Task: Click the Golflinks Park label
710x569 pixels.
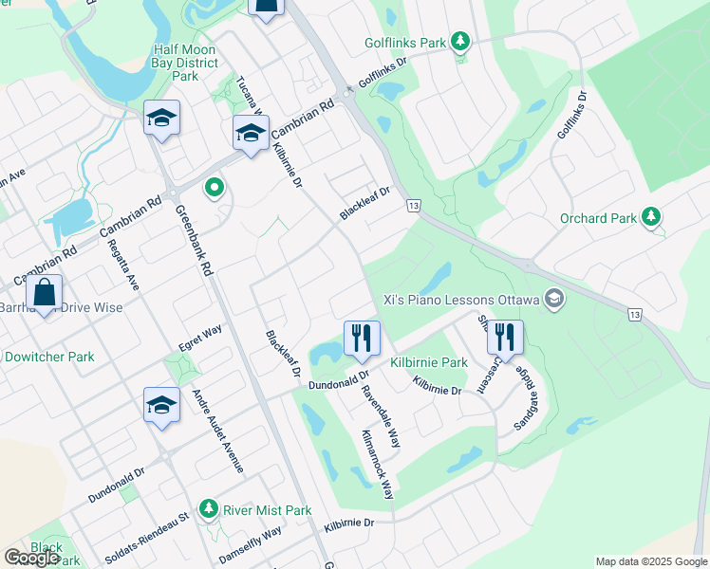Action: [405, 43]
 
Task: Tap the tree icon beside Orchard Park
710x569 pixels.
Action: [651, 217]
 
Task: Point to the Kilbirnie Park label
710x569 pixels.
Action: [429, 362]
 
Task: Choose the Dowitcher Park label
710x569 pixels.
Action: [49, 357]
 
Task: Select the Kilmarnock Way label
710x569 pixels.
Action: [376, 462]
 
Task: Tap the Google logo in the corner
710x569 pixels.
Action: [32, 558]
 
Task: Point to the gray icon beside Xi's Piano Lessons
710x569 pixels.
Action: [555, 300]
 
